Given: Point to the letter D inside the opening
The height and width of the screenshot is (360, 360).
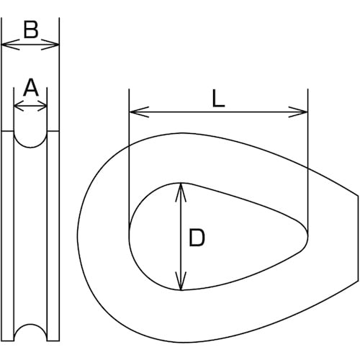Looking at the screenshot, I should [197, 238].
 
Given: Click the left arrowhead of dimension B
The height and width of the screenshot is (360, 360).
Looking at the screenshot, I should [6, 45].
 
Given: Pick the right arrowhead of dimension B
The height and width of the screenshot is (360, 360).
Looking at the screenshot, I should [55, 45].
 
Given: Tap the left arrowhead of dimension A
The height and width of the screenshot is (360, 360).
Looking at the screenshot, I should [18, 107].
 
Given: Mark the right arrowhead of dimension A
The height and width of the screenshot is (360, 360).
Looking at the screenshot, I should [43, 107].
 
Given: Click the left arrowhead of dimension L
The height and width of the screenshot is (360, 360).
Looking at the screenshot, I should [133, 112].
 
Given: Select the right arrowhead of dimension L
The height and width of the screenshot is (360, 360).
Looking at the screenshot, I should [303, 112].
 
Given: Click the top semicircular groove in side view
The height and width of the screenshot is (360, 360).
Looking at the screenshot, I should [30, 138].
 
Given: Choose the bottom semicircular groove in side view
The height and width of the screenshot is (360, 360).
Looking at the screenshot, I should [30, 333].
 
